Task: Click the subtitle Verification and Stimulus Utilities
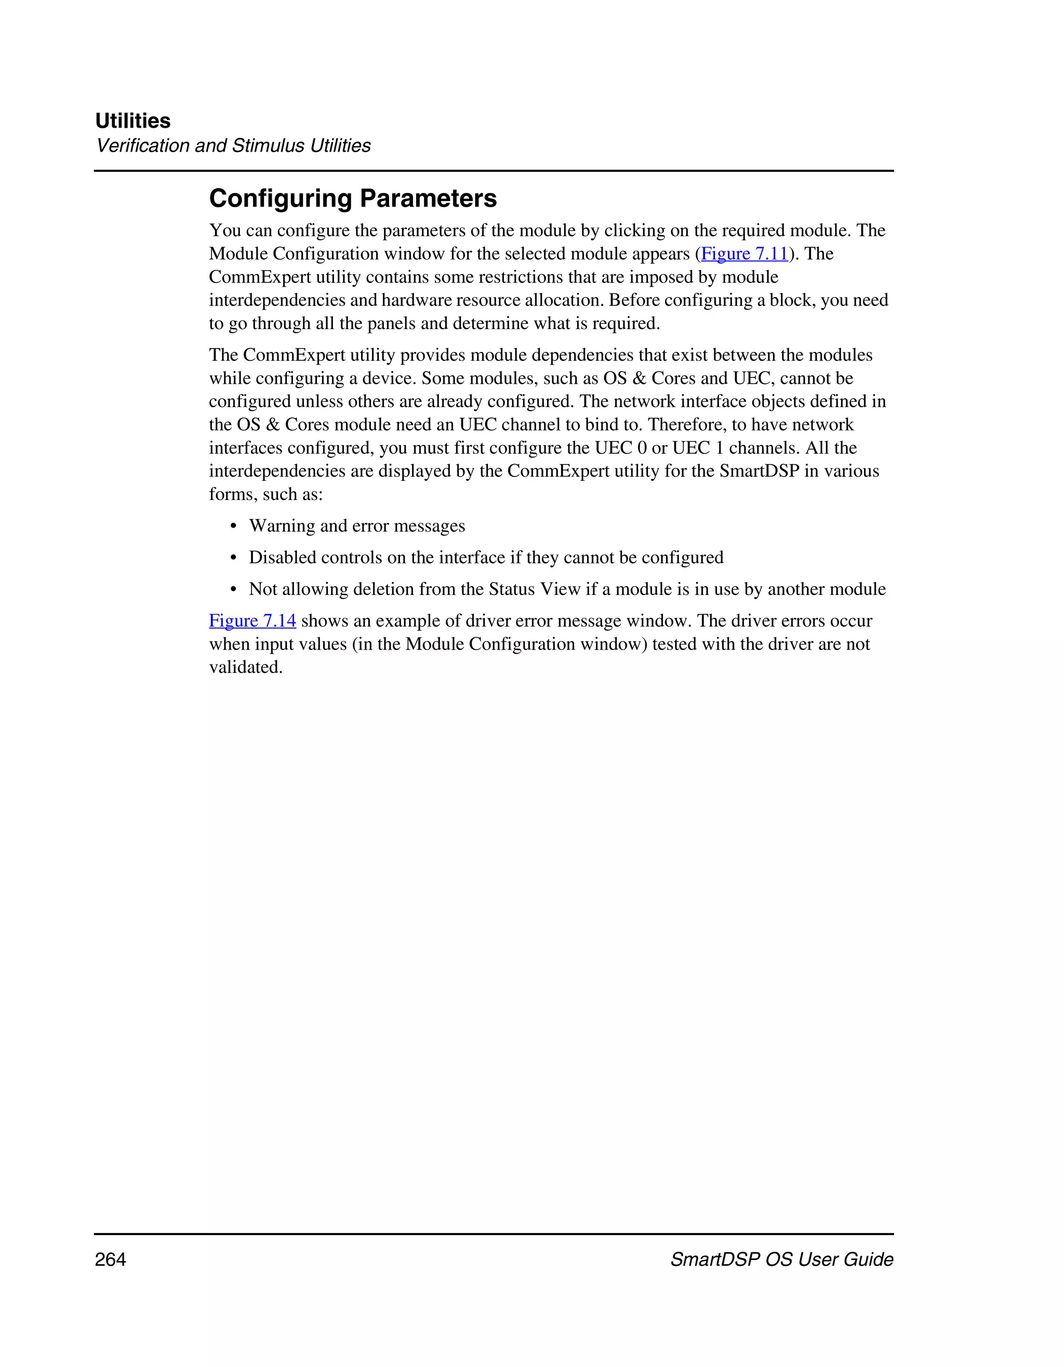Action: click(x=233, y=145)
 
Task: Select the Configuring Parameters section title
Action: click(x=353, y=198)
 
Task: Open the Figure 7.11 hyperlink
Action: click(x=744, y=253)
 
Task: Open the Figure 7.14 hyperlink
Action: click(x=252, y=620)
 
